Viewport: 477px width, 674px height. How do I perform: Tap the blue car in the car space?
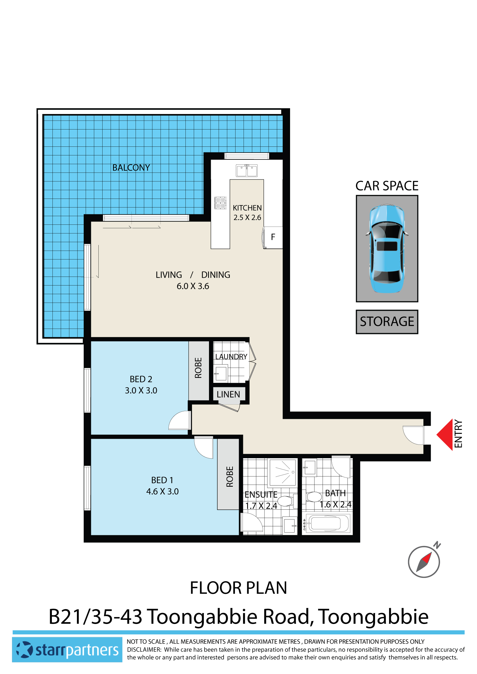(x=387, y=249)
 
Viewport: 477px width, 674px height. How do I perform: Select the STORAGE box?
(x=387, y=322)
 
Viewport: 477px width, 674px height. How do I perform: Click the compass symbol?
(x=424, y=561)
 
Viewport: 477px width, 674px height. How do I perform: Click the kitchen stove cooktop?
(x=221, y=203)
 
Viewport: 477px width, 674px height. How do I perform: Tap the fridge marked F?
(x=273, y=237)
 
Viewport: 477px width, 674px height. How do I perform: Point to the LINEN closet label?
(x=228, y=394)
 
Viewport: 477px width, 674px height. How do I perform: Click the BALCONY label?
(x=131, y=168)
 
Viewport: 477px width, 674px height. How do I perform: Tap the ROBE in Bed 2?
(x=199, y=368)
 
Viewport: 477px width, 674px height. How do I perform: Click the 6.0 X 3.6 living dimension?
(x=193, y=286)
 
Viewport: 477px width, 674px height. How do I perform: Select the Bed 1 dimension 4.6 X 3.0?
(x=162, y=492)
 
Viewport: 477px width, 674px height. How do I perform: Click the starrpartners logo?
(x=67, y=650)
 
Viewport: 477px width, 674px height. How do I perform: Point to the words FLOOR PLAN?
(x=238, y=588)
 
